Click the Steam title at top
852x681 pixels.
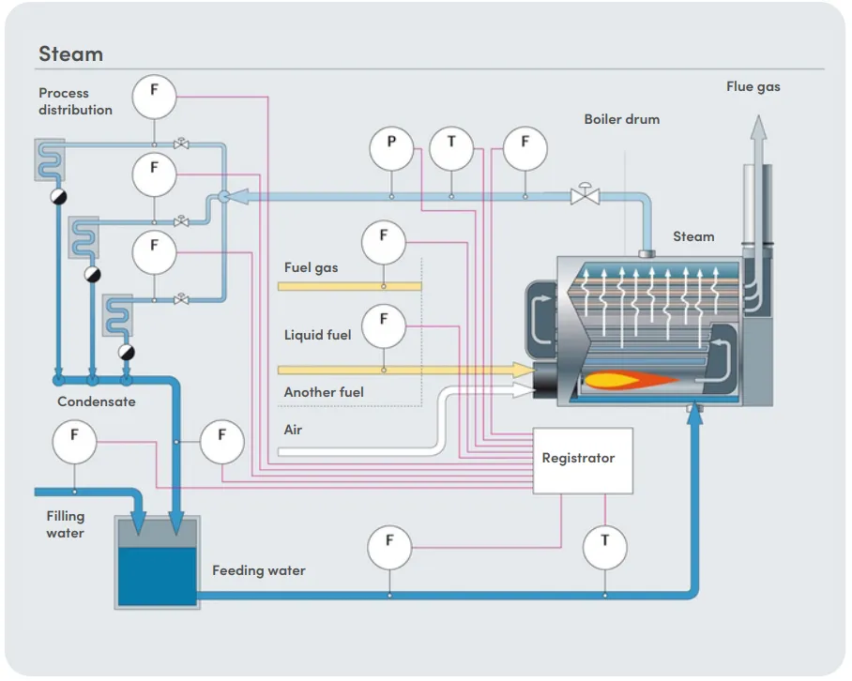tap(70, 53)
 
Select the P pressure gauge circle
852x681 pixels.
tap(391, 144)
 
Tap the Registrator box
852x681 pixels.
tap(583, 460)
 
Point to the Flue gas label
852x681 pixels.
tap(753, 86)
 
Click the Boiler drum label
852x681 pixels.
tap(621, 119)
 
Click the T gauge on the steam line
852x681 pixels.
tap(451, 144)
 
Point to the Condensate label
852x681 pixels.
tap(97, 401)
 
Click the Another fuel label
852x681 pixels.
tap(324, 392)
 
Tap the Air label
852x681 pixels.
tap(294, 430)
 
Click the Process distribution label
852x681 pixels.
tap(75, 101)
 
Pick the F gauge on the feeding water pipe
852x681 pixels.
tap(389, 547)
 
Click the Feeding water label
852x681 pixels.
tap(258, 570)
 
